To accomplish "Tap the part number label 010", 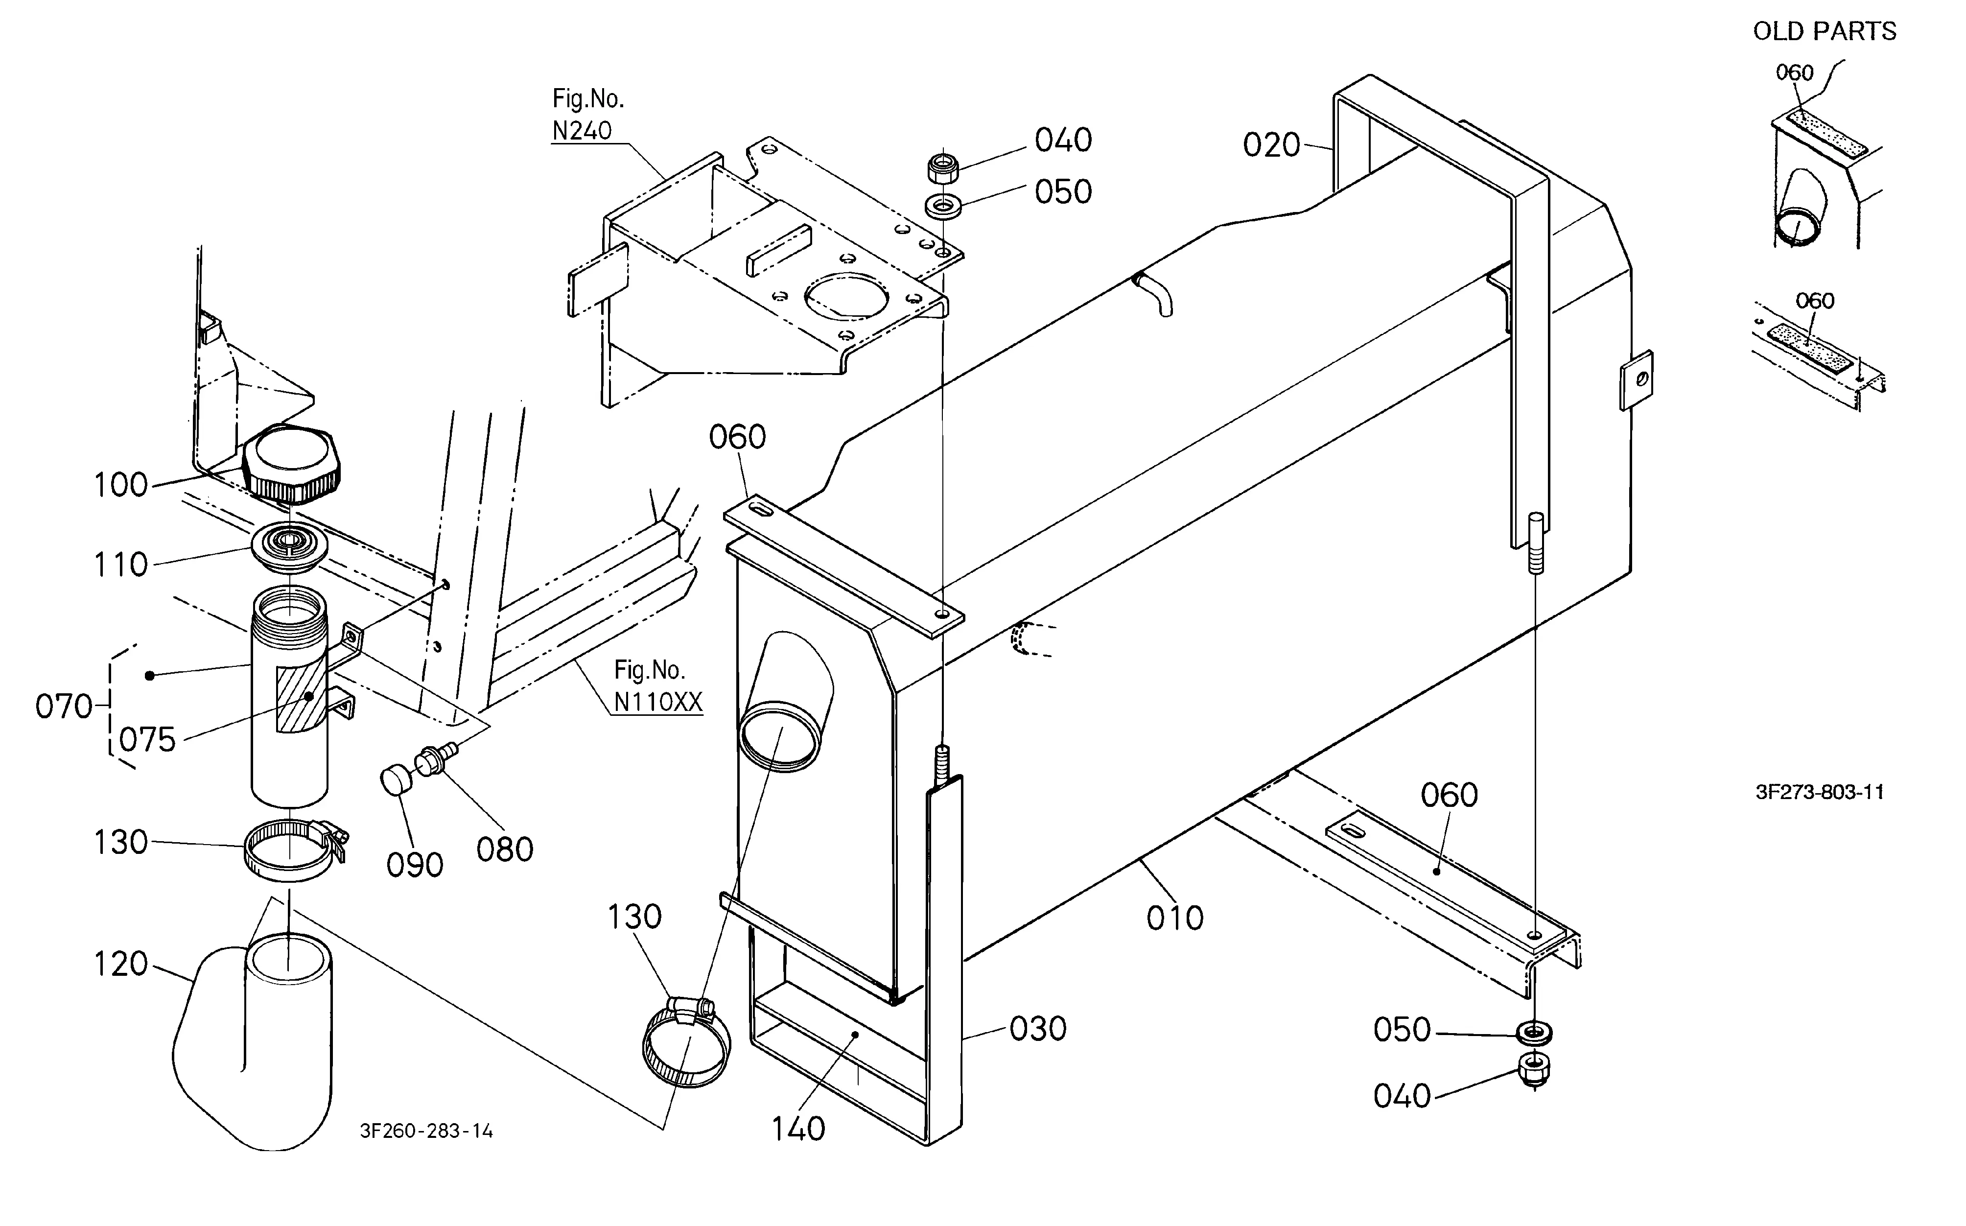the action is coord(1175,918).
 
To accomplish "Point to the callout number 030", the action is coord(1038,1029).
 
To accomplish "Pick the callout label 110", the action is coord(121,565).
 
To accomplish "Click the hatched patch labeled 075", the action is coord(301,699).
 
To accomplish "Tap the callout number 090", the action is coord(414,865).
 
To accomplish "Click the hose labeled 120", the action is coord(253,1042).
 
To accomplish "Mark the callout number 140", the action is coord(798,1129).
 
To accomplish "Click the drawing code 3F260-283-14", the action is coord(426,1131).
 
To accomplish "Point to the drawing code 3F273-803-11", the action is coord(1819,792).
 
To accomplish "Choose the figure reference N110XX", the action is coord(657,702).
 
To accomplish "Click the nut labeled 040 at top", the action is coord(943,168).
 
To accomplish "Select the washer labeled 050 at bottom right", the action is coord(1534,1033).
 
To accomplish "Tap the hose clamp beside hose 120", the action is coord(295,850).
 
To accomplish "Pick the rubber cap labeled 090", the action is coord(395,780).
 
